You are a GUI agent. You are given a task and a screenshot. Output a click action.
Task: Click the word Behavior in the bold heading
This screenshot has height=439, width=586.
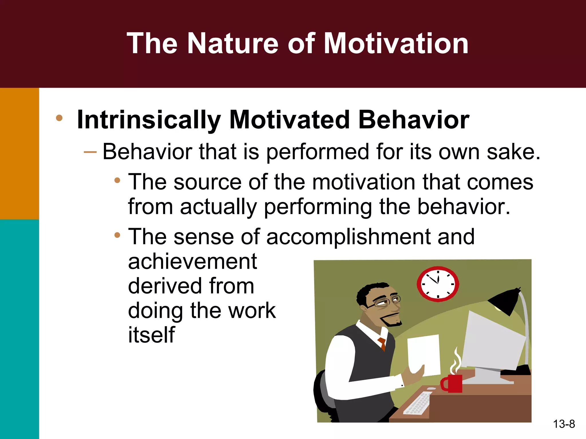(x=413, y=120)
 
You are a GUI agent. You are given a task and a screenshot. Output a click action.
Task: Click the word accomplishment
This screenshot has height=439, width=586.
(x=348, y=237)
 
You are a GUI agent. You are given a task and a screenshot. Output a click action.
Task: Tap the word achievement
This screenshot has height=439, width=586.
(x=192, y=262)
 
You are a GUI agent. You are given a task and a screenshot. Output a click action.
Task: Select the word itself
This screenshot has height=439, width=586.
(x=151, y=335)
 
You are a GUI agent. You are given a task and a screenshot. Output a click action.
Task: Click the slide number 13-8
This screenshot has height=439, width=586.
(x=564, y=424)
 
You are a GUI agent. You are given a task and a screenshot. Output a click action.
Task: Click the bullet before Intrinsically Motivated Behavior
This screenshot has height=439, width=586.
(x=59, y=118)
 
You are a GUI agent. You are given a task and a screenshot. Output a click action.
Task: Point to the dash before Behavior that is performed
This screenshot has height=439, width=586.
(x=90, y=152)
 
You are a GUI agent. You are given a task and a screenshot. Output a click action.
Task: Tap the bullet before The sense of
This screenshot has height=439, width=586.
(x=117, y=236)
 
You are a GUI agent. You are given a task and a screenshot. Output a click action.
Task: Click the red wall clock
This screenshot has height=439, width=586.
(x=437, y=284)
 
